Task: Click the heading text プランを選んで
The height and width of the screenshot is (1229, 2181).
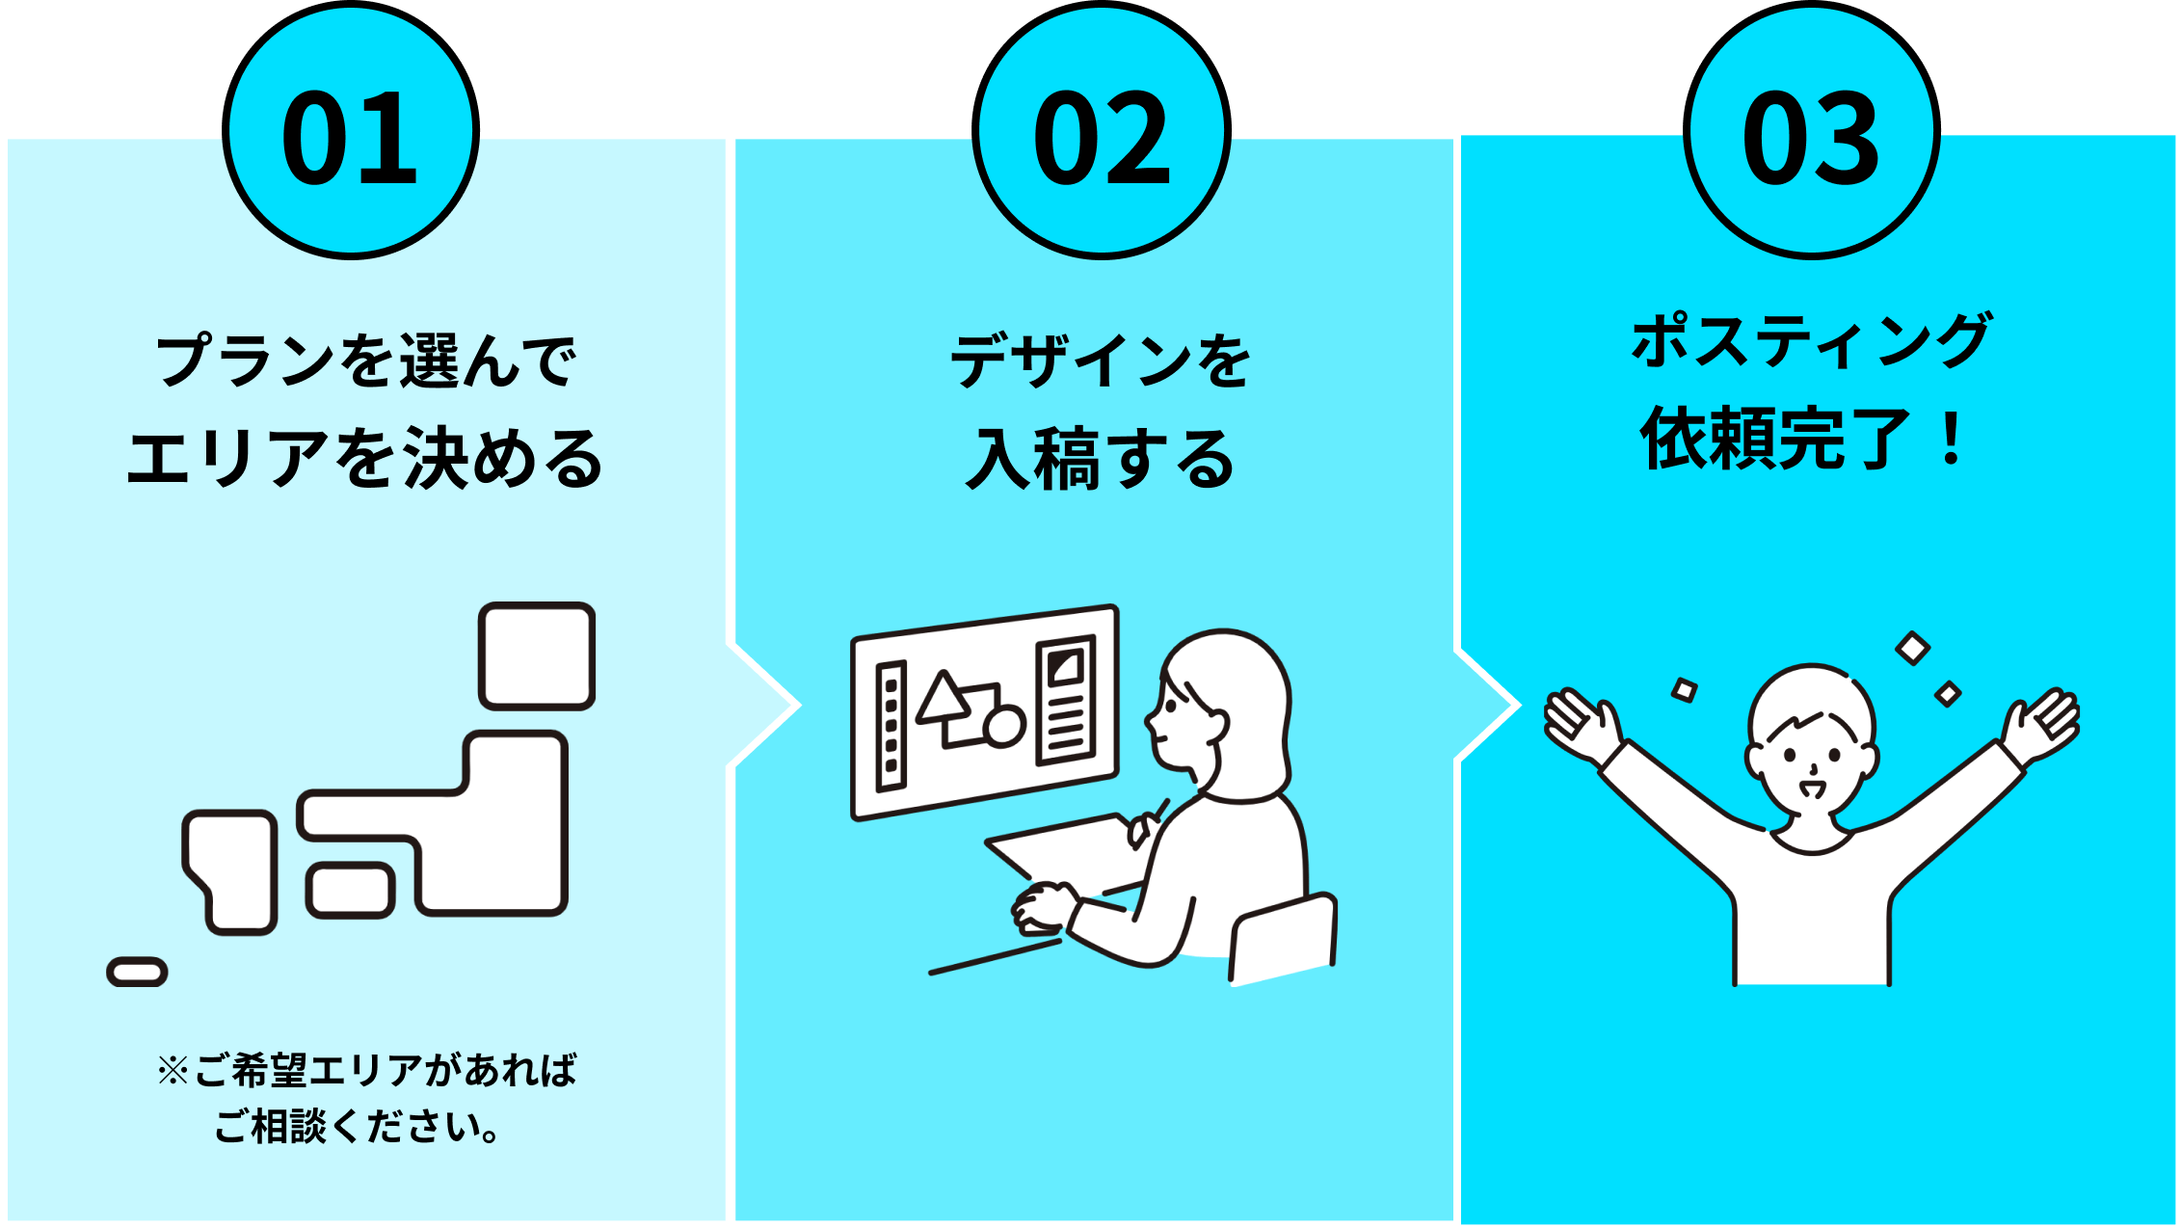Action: pos(365,361)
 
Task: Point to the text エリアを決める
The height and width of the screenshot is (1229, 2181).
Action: pos(365,459)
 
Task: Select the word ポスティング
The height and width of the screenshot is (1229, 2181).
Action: pos(1811,341)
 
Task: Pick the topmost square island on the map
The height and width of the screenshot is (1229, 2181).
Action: pos(537,656)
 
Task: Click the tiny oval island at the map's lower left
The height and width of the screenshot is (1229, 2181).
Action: pos(137,972)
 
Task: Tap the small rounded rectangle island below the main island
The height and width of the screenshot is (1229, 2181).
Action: pos(350,891)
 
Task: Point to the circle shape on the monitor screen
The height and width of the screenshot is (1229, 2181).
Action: pos(1003,726)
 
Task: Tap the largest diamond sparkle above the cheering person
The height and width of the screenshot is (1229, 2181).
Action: pos(1912,649)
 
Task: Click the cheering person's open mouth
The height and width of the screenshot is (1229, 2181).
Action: pos(1812,789)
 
